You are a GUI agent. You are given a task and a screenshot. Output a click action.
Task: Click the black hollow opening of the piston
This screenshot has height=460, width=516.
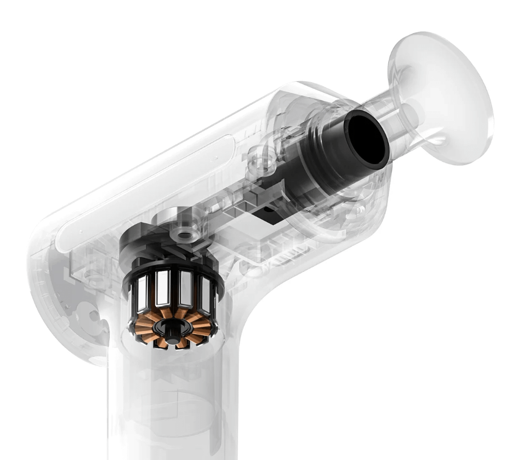365,137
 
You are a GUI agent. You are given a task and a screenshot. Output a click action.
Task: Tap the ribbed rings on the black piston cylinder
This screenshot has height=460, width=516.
314,139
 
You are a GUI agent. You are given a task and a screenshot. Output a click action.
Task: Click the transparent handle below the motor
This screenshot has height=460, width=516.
172,406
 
